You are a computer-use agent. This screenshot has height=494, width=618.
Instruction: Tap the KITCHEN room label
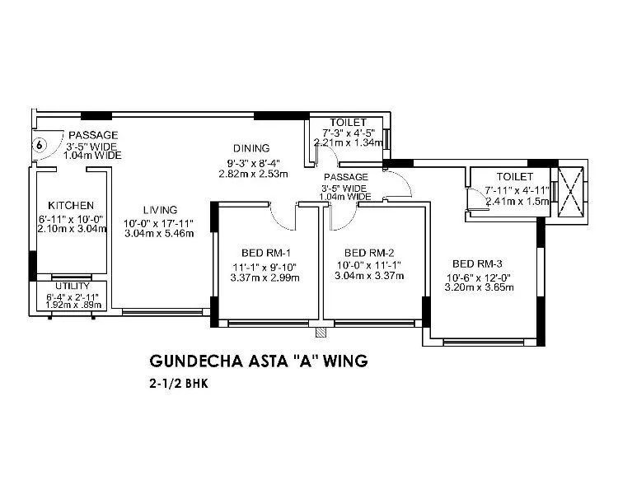[71, 205]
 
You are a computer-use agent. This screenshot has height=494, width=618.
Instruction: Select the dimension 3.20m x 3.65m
[480, 288]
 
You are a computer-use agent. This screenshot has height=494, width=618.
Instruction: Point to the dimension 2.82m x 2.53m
[252, 174]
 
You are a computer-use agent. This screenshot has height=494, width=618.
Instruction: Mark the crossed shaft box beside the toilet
[570, 192]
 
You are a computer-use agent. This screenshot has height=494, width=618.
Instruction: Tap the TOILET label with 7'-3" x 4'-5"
[343, 121]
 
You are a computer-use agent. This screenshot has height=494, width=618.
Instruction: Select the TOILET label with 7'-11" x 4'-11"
[515, 177]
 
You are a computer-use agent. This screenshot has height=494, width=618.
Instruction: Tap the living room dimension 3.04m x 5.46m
[159, 234]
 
